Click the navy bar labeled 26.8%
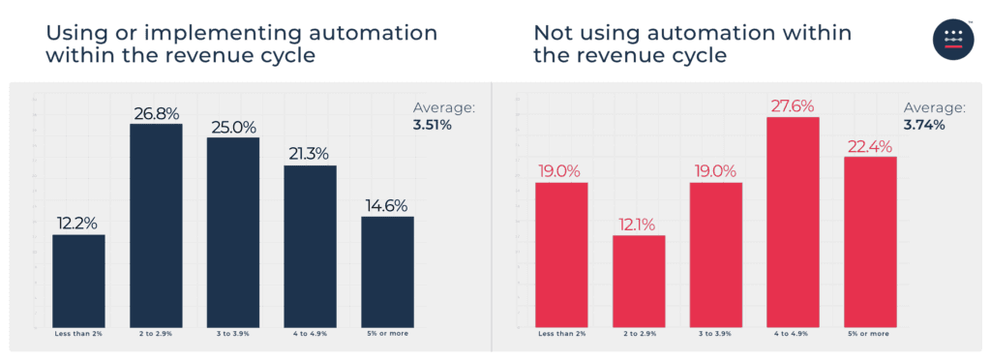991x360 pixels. click(x=156, y=225)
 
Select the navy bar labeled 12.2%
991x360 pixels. click(x=78, y=281)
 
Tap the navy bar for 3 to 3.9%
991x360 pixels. click(x=233, y=232)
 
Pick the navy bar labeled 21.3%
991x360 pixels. click(x=310, y=246)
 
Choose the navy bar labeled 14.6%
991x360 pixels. click(x=387, y=272)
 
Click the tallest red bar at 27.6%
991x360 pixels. click(x=793, y=222)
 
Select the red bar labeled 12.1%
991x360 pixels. click(x=639, y=281)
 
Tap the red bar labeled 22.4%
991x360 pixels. click(x=870, y=241)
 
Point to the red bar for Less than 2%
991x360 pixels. click(x=561, y=255)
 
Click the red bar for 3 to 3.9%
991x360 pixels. click(x=715, y=255)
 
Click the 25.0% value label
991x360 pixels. click(x=233, y=127)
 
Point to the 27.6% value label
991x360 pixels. click(x=793, y=105)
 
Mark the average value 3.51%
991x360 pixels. click(x=435, y=124)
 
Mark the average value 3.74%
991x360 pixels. click(x=924, y=124)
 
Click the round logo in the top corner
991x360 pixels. click(x=953, y=40)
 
